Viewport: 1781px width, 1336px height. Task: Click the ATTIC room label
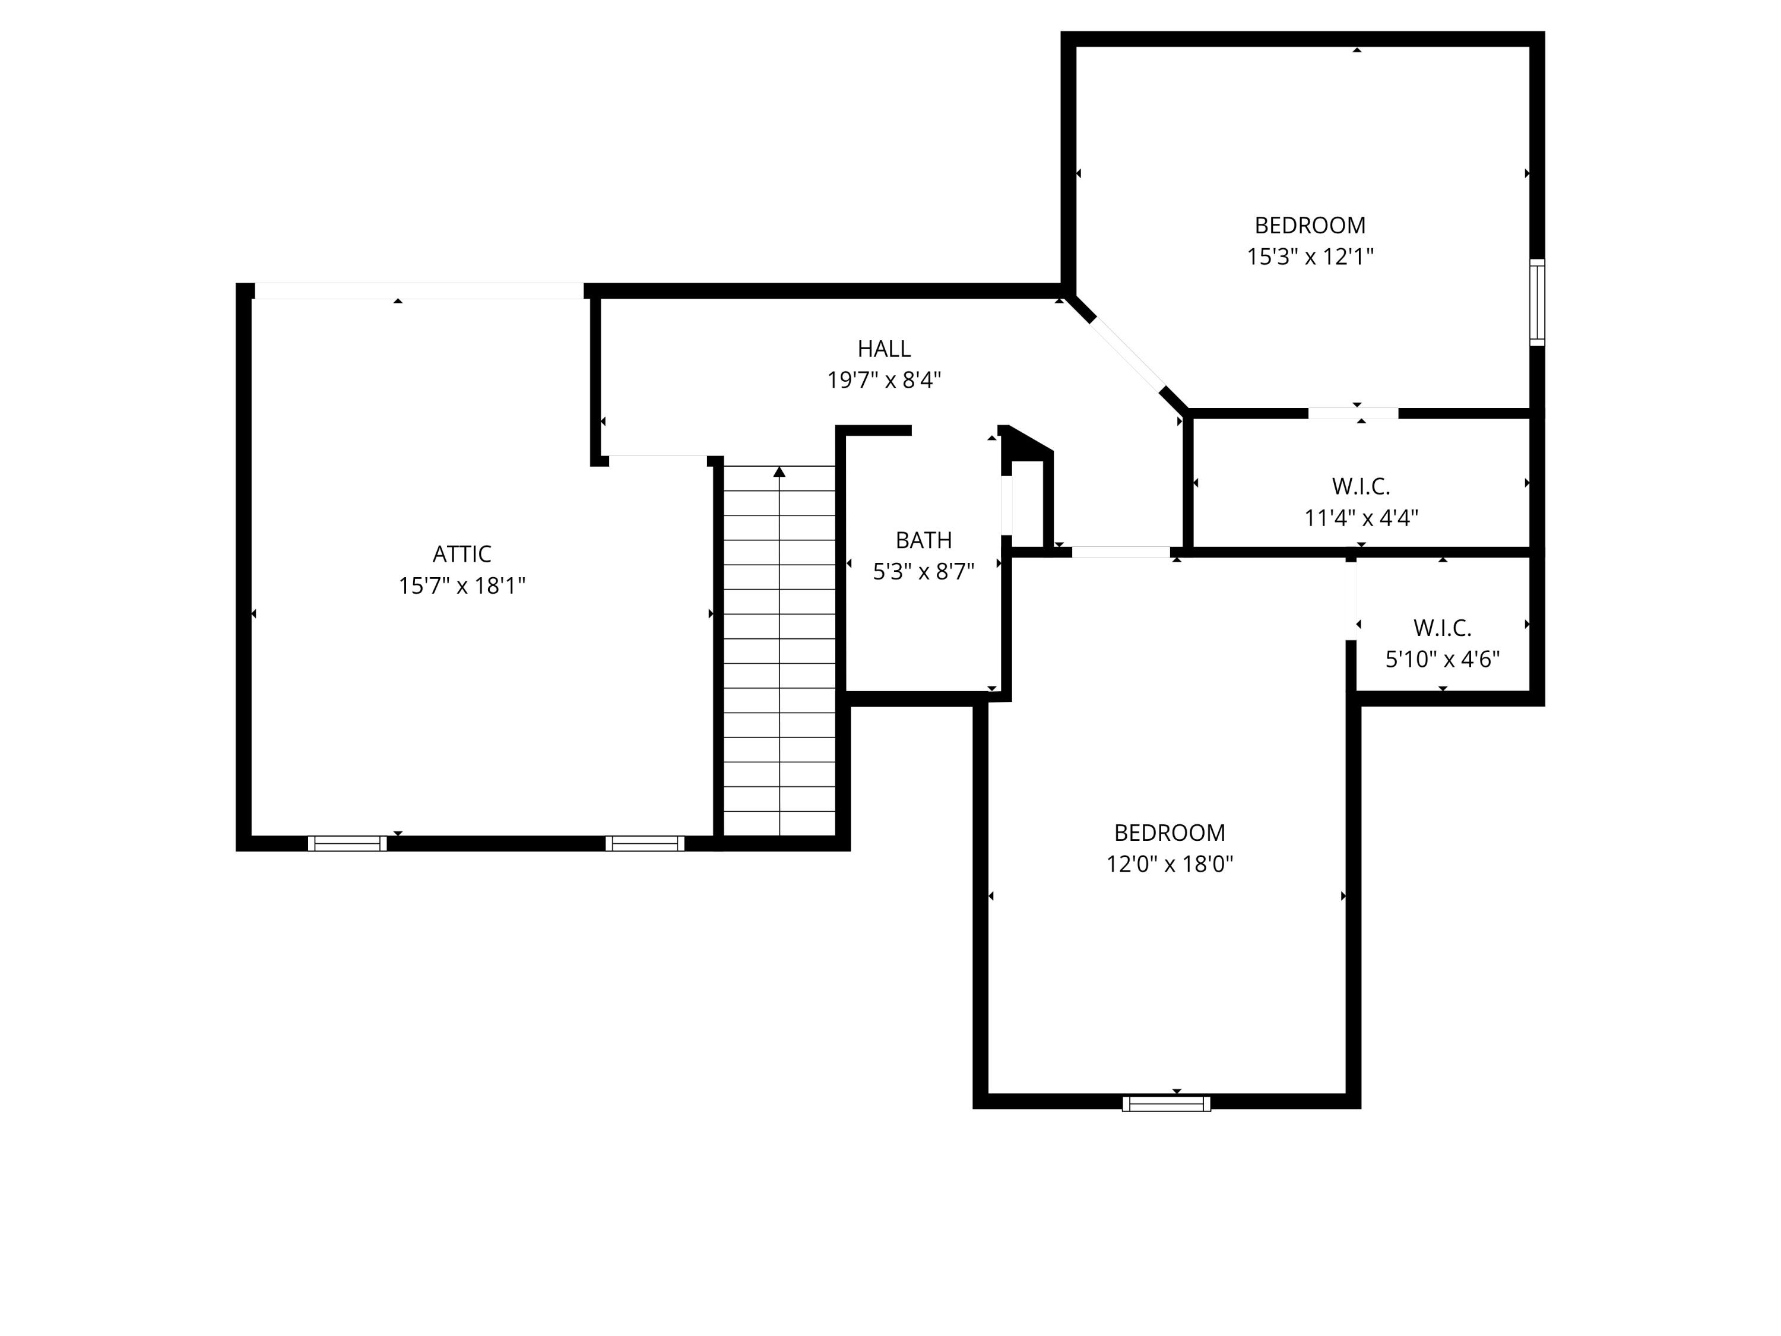(461, 554)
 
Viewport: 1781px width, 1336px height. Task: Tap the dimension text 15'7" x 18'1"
(461, 585)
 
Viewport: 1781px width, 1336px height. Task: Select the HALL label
(883, 349)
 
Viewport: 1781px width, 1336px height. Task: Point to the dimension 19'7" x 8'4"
(883, 380)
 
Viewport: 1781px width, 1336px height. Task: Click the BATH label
(924, 540)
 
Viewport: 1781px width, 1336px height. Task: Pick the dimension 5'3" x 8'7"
(924, 572)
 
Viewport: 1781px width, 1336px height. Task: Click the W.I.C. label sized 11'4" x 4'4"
(1361, 486)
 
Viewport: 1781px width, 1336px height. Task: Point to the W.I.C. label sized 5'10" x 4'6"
(1441, 628)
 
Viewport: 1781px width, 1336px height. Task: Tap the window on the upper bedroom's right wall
(1536, 303)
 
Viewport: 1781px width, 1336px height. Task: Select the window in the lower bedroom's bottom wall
(1166, 1103)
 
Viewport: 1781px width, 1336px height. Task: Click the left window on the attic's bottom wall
(347, 843)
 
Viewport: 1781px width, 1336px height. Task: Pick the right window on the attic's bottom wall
(644, 843)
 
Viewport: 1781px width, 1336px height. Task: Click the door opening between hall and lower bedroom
(1120, 552)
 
